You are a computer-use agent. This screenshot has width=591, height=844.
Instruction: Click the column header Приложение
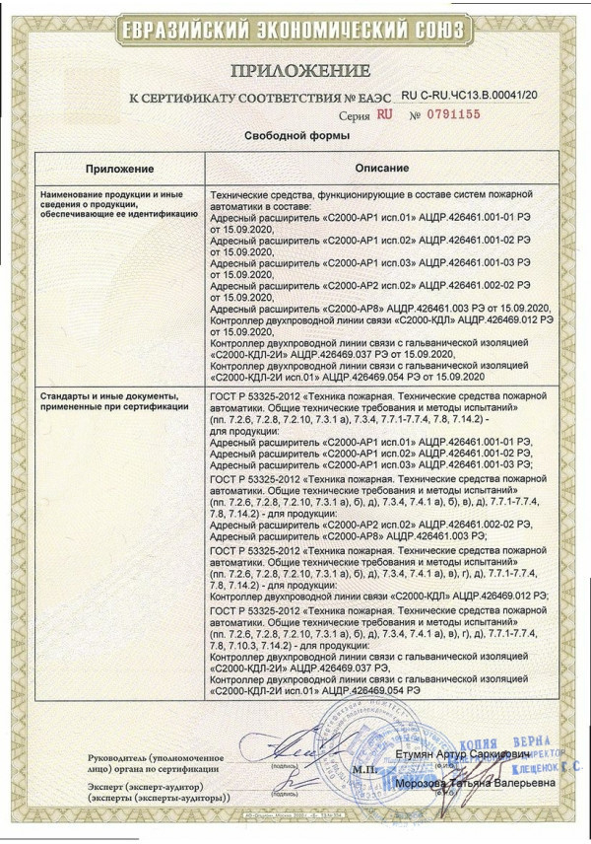tap(119, 170)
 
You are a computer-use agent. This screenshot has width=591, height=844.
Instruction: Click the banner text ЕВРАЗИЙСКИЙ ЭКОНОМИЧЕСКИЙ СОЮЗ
tap(295, 31)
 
